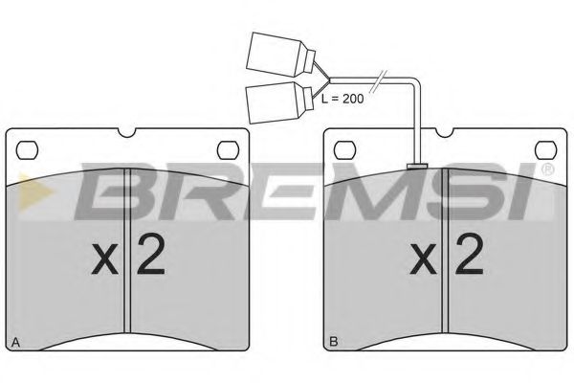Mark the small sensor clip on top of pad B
(417, 167)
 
